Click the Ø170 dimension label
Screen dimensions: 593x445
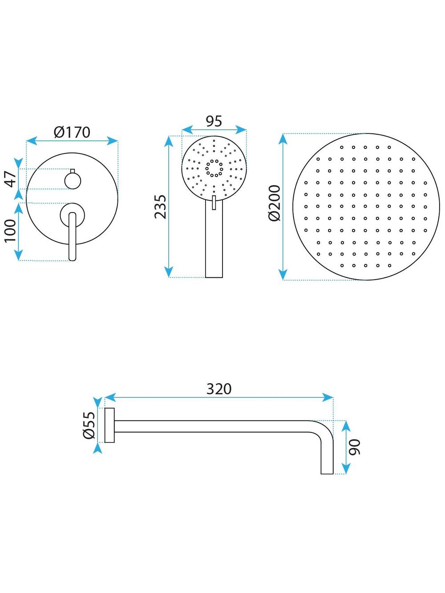tap(72, 132)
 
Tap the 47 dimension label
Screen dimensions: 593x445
tap(12, 179)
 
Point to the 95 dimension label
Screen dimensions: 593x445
tap(214, 121)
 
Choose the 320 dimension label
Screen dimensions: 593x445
tap(219, 389)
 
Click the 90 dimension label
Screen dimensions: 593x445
tap(354, 446)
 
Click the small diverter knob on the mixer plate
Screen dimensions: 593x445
tap(72, 180)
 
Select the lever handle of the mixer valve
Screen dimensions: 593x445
tap(73, 236)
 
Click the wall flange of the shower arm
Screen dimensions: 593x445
tap(109, 425)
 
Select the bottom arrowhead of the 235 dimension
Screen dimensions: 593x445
tap(168, 272)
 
